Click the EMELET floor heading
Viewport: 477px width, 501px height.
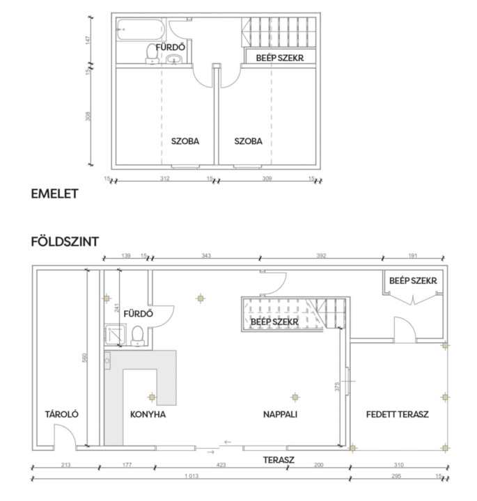click(55, 193)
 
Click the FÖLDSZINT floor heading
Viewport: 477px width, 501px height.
click(65, 241)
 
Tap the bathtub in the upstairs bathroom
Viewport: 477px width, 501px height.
click(141, 30)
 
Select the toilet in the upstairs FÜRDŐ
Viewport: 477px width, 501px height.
click(153, 54)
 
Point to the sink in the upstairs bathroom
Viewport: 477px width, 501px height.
click(174, 59)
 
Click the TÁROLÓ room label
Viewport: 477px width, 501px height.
click(62, 414)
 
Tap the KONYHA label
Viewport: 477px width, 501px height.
click(148, 415)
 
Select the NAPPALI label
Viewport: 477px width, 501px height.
click(280, 415)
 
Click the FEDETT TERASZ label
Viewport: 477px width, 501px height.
click(397, 415)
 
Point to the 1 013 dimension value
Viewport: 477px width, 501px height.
click(191, 476)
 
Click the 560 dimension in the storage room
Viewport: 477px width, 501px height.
click(84, 358)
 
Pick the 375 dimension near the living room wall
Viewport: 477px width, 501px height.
click(337, 387)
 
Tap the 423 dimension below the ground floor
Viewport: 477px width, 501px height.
click(221, 465)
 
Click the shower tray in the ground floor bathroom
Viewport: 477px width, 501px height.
click(115, 334)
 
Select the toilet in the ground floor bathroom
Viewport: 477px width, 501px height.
click(138, 336)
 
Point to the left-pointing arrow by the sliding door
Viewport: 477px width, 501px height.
click(227, 443)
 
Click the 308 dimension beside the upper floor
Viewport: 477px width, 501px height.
click(88, 116)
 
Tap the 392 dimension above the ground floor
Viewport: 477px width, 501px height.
click(321, 255)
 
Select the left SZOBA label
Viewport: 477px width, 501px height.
click(185, 141)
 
